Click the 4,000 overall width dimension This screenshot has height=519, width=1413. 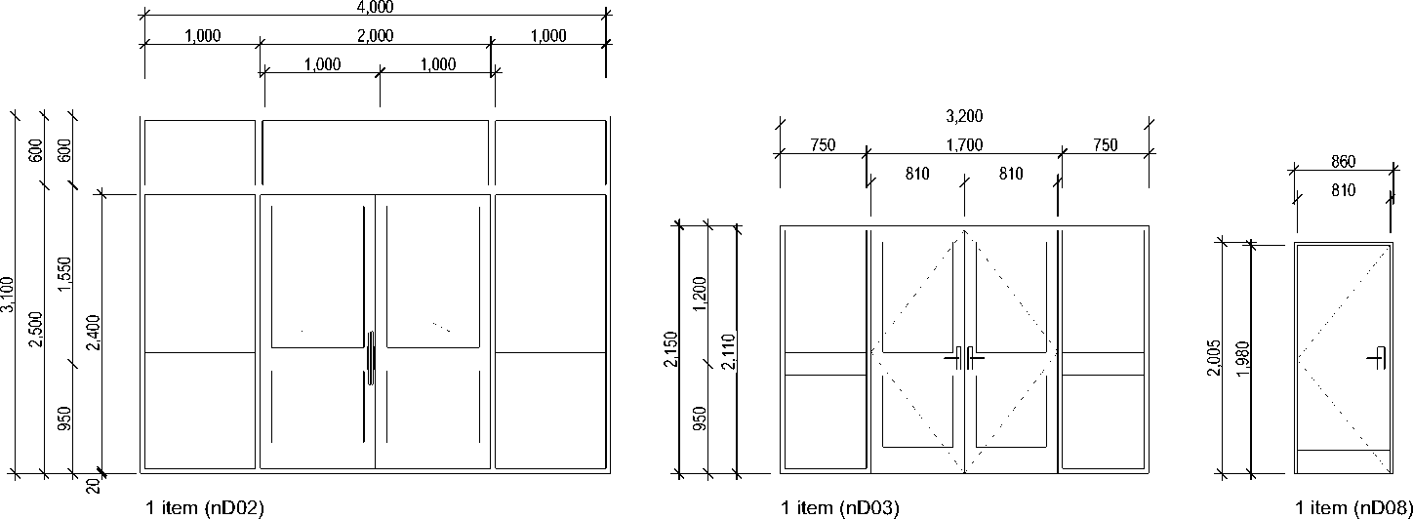coord(376,7)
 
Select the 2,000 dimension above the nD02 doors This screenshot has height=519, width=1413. coord(376,36)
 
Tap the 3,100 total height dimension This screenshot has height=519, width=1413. coord(8,294)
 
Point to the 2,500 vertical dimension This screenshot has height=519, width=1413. coord(36,329)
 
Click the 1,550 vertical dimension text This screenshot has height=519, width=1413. coord(65,274)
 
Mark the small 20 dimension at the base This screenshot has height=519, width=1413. coord(94,486)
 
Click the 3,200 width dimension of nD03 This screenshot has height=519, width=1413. coord(964,116)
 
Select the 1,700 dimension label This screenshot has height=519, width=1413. coord(964,145)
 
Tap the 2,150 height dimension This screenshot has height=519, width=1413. coord(671,348)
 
